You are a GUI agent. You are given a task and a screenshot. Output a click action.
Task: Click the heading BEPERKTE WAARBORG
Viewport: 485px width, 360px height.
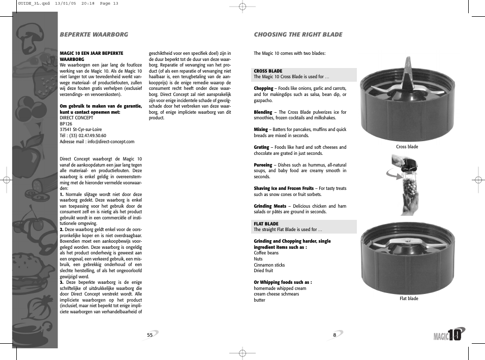94,35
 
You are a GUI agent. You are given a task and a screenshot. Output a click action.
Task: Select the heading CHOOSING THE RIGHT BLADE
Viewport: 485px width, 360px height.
298,35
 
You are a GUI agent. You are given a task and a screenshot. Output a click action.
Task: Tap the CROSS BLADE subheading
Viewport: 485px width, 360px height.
268,71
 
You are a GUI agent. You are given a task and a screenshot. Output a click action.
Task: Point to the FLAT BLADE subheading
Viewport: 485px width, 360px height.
266,223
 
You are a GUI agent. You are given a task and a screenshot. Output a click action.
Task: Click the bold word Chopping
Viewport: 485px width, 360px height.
263,88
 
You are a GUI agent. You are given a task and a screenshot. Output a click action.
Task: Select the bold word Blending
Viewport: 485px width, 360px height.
263,112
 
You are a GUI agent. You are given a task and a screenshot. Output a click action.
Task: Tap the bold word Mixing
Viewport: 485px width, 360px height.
261,129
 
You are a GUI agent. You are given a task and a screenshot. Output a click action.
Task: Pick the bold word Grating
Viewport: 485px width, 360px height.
261,147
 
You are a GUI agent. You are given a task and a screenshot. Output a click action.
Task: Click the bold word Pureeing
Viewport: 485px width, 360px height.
263,165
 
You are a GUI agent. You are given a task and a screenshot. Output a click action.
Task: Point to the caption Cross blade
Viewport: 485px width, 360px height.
407,147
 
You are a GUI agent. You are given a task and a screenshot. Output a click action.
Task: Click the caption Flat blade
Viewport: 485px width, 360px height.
409,299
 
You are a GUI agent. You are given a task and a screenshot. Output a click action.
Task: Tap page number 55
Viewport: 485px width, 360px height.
150,335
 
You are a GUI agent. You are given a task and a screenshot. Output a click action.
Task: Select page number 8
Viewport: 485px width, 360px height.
335,335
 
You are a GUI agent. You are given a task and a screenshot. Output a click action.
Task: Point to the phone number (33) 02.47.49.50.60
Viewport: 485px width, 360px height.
86,136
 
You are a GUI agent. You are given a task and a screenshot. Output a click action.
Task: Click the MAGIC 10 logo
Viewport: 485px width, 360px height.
449,335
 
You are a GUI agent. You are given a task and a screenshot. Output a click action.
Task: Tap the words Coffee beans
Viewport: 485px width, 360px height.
266,253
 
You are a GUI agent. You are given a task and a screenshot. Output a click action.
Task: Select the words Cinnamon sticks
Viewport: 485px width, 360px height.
269,265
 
